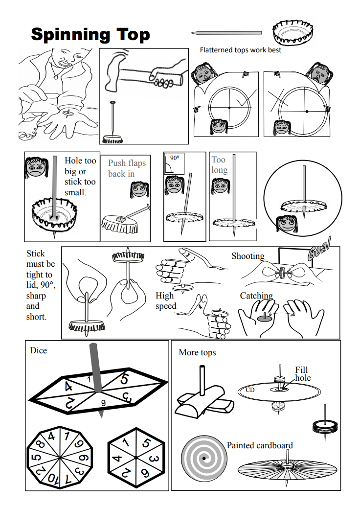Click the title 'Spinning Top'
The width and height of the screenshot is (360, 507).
90,35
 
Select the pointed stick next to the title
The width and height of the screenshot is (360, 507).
226,33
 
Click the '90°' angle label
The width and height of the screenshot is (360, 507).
175,159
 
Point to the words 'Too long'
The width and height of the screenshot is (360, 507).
219,165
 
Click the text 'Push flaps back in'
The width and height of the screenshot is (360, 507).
127,168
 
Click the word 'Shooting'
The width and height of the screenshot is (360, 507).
247,256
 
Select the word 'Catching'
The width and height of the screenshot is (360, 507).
256,296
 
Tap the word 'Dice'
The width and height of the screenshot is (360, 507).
38,350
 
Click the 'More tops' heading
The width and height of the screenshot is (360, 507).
197,352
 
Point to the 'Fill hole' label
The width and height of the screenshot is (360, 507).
302,374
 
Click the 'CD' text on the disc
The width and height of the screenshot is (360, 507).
250,391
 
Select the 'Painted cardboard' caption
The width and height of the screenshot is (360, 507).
259,445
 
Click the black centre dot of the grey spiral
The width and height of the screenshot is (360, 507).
203,459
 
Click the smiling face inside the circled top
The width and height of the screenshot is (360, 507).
286,224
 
